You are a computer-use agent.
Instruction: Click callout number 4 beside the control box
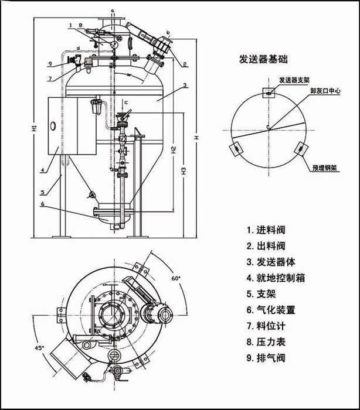click(43, 171)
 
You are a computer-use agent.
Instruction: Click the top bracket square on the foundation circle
click(267, 93)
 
